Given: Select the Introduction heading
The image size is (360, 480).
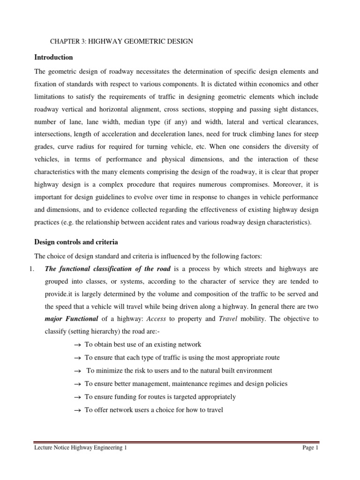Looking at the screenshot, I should click(x=54, y=57).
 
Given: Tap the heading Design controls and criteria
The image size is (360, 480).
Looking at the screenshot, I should click(x=76, y=242).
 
